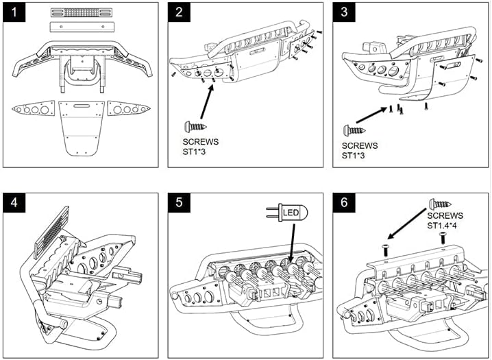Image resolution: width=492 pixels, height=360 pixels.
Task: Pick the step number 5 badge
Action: (x=180, y=202)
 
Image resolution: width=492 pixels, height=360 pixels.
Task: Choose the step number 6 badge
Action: (x=344, y=202)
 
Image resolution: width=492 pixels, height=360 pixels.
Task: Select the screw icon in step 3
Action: (x=354, y=129)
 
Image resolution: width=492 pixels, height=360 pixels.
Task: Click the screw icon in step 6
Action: (x=441, y=204)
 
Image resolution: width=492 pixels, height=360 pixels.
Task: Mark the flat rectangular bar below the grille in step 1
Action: (x=79, y=26)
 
